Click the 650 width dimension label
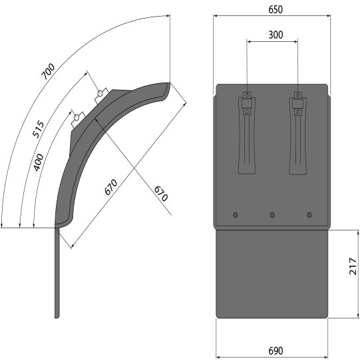click(275, 9)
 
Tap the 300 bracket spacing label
click(275, 35)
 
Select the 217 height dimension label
click(353, 266)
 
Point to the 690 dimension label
click(275, 351)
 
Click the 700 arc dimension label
click(48, 71)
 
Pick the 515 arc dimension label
click(38, 129)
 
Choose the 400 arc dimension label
click(39, 162)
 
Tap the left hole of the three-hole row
click(235, 215)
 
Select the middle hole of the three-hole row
click(272, 215)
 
